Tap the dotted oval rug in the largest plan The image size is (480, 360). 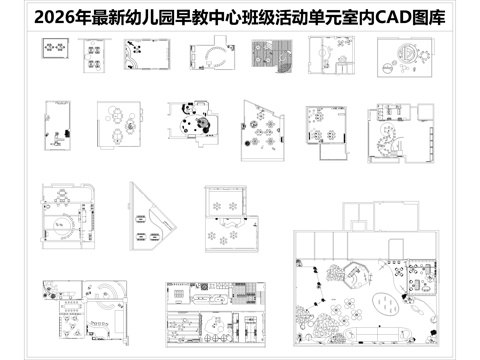tap(385, 300)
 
